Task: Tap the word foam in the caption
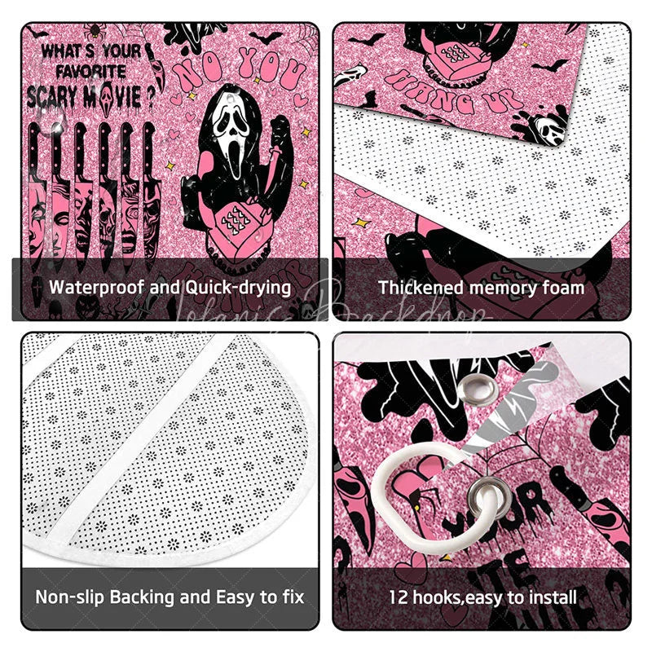pos(566,287)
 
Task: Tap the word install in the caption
pos(553,597)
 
